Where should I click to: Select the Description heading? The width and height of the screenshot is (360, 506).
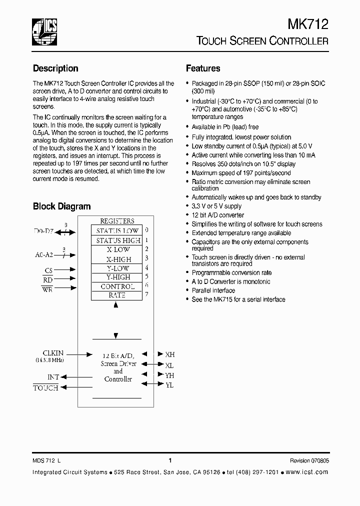click(55, 68)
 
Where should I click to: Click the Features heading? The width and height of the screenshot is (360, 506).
click(203, 68)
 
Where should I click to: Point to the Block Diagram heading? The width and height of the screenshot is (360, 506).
click(61, 206)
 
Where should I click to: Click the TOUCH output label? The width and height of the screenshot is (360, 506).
click(45, 387)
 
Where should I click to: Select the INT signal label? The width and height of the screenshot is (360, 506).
click(53, 377)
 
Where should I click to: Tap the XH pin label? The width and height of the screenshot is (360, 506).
click(169, 354)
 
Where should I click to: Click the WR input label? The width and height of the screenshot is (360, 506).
click(47, 289)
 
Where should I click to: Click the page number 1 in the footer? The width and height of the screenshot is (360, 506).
click(170, 461)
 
